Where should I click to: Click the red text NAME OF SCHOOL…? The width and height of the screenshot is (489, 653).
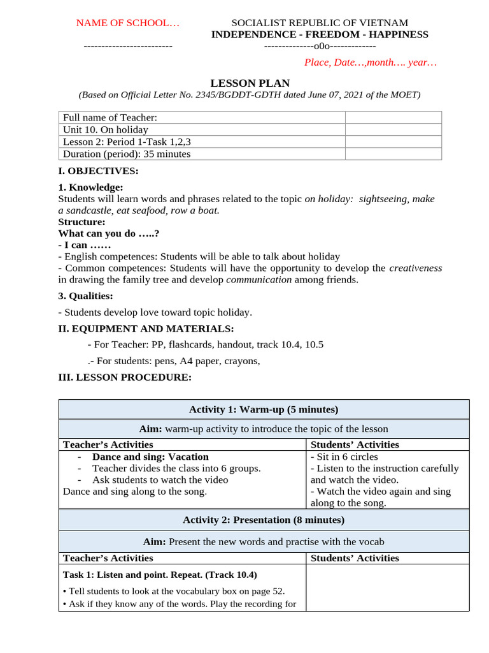click(x=128, y=23)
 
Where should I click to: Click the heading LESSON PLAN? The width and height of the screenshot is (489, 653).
click(x=250, y=83)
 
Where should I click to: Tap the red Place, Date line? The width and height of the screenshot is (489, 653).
click(x=371, y=62)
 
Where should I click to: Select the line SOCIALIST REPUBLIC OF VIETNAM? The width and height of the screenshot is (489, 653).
click(x=320, y=23)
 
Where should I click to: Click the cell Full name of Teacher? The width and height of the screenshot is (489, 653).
click(x=110, y=117)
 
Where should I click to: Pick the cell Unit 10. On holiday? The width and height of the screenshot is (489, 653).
click(x=105, y=129)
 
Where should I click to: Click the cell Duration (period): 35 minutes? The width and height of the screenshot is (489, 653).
click(x=127, y=154)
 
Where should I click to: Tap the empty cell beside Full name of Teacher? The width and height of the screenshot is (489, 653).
click(x=393, y=117)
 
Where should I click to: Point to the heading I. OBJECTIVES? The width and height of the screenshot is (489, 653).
click(x=98, y=171)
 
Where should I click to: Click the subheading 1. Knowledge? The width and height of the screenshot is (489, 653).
click(x=90, y=187)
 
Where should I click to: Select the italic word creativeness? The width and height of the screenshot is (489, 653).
click(x=415, y=268)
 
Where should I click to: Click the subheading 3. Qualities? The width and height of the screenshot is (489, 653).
click(x=85, y=296)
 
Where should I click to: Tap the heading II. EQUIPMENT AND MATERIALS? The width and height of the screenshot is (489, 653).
click(x=146, y=328)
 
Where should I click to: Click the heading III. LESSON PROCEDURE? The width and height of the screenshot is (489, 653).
click(x=124, y=378)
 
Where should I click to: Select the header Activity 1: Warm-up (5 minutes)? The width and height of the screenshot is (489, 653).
click(x=264, y=409)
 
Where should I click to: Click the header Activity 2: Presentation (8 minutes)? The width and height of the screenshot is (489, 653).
click(x=264, y=520)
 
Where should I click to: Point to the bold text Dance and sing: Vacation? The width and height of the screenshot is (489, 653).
click(x=150, y=457)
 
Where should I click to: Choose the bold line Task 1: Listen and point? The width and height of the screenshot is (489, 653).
click(x=143, y=575)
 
